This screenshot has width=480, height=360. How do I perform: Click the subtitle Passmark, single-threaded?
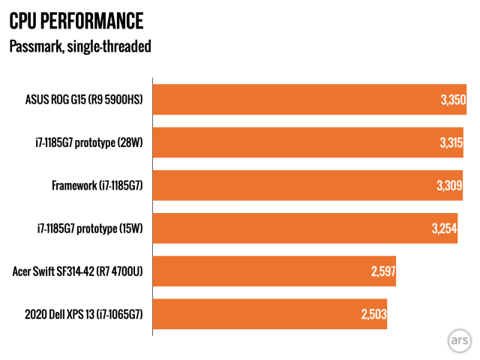80,46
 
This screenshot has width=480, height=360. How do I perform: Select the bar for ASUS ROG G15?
309,100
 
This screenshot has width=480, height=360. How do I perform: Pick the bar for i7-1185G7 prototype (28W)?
307,142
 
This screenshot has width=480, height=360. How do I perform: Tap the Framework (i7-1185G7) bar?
307,185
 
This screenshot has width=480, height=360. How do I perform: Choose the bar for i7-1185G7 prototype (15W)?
304,229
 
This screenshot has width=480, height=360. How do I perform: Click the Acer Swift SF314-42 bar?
274,271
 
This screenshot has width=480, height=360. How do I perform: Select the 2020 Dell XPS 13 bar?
269,314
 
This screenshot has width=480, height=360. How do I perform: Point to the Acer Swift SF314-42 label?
77,271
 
